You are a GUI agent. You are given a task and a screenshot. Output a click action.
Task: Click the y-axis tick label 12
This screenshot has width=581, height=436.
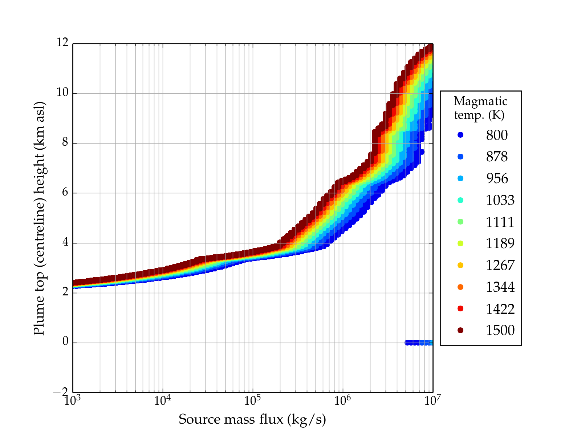[x=62, y=43]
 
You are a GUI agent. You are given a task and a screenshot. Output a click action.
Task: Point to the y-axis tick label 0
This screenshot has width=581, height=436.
[x=65, y=342]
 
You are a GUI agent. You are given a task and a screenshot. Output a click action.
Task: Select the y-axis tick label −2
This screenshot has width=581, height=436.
[x=61, y=392]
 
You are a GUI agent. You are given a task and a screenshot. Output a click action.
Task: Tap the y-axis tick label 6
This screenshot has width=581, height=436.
[x=65, y=193]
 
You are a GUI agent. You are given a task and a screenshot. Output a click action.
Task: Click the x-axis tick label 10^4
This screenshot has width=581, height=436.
[x=162, y=400]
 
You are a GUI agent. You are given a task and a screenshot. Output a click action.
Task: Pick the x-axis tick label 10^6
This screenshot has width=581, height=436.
[x=342, y=400]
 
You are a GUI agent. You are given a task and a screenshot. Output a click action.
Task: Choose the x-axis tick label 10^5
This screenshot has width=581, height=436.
[x=252, y=400]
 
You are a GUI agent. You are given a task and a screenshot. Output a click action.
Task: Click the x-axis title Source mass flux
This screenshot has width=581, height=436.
[x=252, y=419]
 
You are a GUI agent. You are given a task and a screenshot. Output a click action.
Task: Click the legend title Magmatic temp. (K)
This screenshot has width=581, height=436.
[x=480, y=108]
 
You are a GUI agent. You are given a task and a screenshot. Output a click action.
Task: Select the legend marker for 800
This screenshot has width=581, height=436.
[x=460, y=135]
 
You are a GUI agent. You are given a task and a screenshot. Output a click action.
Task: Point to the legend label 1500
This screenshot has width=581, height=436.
[x=500, y=330]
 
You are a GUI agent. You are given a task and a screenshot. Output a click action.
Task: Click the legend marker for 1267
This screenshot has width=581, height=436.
[x=460, y=265]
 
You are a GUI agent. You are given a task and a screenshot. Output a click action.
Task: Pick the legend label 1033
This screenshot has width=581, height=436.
[x=500, y=200]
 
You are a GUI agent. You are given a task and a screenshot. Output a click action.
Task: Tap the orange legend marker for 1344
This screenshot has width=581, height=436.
[x=460, y=287]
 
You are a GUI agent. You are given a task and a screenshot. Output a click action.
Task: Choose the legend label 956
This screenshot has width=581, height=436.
[x=497, y=178]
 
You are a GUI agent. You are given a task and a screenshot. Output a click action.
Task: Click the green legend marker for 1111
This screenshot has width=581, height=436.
[x=460, y=222]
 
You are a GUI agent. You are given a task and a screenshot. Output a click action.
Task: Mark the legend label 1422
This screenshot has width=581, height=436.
[x=500, y=309]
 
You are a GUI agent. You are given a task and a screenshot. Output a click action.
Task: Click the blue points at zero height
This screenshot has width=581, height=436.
[x=418, y=342]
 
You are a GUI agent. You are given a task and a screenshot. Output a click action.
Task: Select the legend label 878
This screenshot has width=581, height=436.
[x=497, y=157]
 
